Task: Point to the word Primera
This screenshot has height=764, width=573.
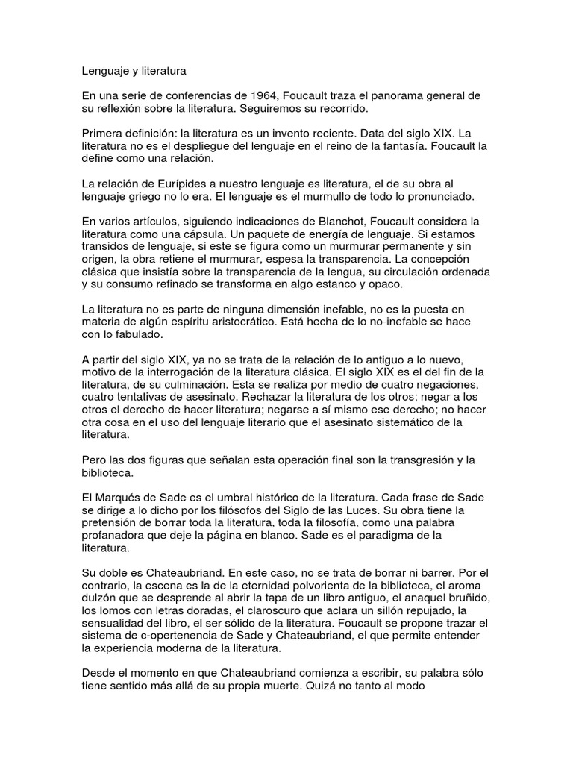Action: pyautogui.click(x=104, y=131)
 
